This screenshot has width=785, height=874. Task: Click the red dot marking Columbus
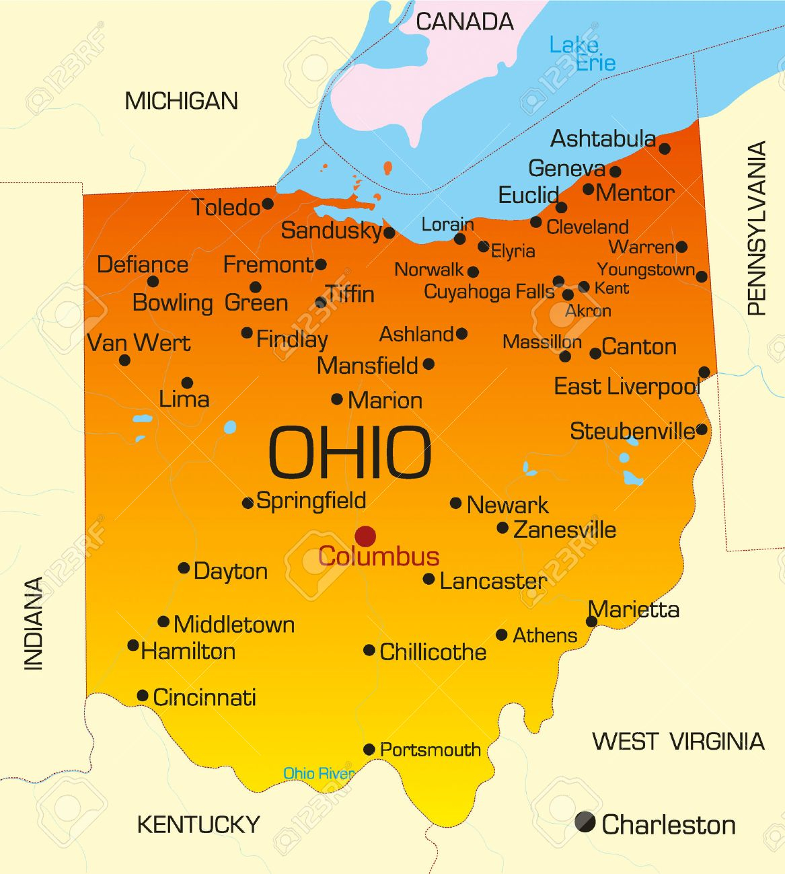365,537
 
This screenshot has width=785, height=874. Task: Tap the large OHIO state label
350,452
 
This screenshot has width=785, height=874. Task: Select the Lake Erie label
582,54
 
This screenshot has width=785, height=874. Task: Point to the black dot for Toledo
268,204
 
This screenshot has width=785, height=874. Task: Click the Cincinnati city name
204,697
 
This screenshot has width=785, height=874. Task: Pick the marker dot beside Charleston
585,822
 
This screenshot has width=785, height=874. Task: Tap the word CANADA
464,22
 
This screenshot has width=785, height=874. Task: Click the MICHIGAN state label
182,102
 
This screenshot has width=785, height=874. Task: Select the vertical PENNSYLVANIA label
757,228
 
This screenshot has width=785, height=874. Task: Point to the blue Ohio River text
318,773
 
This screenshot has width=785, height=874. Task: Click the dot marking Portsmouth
369,749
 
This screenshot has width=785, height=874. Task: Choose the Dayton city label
231,571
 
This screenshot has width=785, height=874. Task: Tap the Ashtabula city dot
665,149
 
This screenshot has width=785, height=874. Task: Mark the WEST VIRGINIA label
678,742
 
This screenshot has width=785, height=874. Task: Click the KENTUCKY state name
198,824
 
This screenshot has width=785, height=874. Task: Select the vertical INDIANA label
34,623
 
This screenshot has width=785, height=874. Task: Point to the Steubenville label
632,431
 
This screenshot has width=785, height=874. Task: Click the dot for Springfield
248,503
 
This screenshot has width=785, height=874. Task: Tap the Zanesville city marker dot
502,528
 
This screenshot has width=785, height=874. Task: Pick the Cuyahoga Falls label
489,292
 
